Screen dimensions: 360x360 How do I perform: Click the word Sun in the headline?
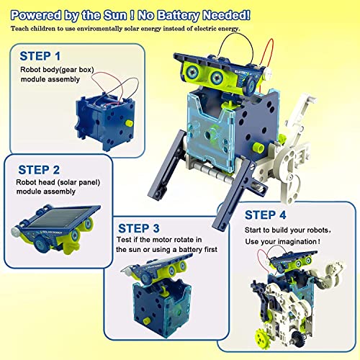[130, 13]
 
